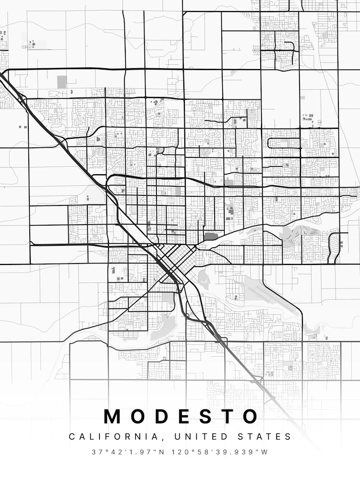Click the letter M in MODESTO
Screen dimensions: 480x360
coord(114,417)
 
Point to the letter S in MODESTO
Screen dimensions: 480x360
coord(204,417)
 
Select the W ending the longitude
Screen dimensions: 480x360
coord(265,452)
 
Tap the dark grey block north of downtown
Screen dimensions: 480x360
coord(210,236)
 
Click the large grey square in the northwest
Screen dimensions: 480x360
coord(62,82)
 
